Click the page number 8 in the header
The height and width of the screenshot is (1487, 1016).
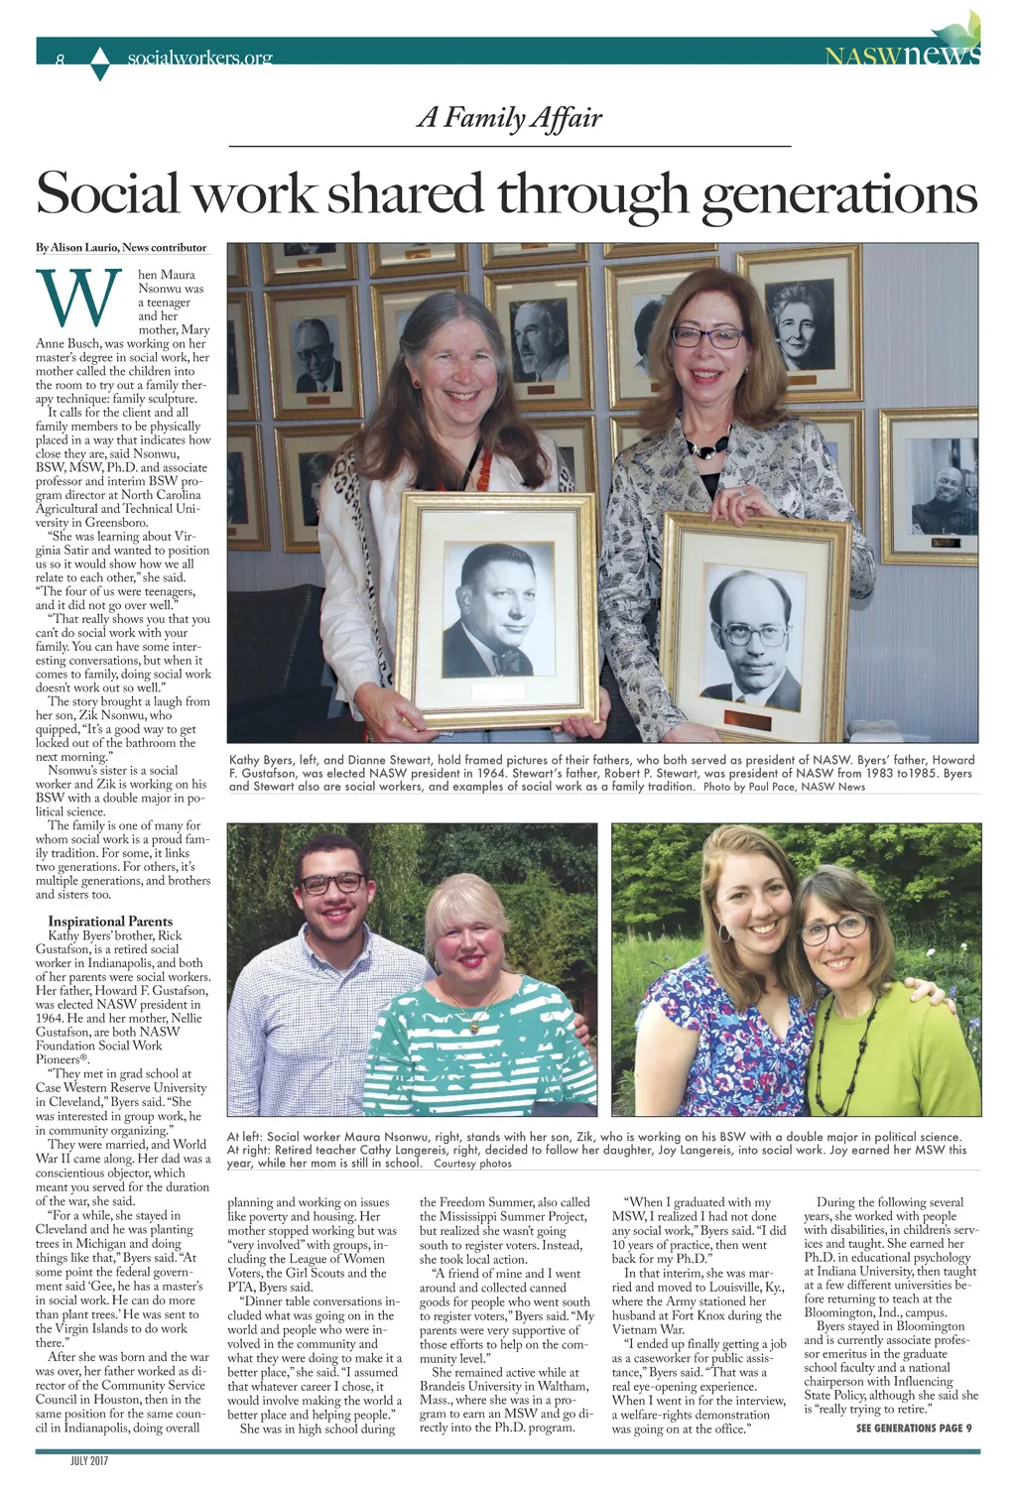[x=60, y=60]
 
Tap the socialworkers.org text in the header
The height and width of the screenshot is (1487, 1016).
[x=199, y=59]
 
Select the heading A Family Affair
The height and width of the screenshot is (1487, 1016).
[x=509, y=118]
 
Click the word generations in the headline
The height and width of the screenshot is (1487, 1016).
[x=838, y=193]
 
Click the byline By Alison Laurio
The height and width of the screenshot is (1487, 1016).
[x=121, y=248]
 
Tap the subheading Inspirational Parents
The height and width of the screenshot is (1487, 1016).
[x=110, y=921]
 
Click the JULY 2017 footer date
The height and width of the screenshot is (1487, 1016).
[x=88, y=1462]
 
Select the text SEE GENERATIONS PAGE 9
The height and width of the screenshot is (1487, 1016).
[x=914, y=1427]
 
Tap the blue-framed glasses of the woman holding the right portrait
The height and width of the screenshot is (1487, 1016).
[x=706, y=336]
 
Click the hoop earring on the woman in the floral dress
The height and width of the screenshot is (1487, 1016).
[x=724, y=933]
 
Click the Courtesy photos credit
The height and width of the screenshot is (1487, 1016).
[x=473, y=1163]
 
